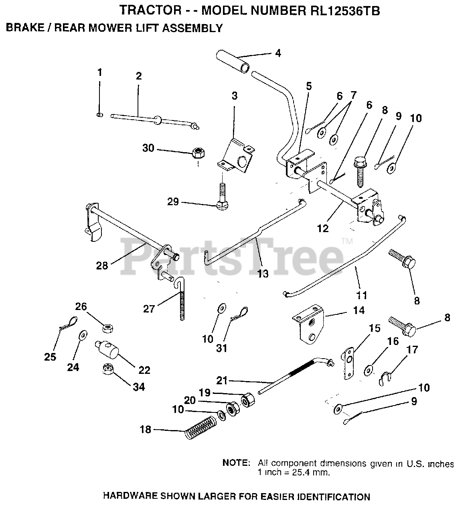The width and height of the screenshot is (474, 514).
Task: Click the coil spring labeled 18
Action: [201, 428]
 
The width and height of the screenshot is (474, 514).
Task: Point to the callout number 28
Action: [102, 265]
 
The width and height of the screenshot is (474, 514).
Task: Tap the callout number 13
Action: [263, 273]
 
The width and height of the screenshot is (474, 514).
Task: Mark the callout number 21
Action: [222, 379]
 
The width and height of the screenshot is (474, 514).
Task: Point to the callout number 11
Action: [362, 296]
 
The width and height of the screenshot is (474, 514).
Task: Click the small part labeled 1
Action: [100, 115]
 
